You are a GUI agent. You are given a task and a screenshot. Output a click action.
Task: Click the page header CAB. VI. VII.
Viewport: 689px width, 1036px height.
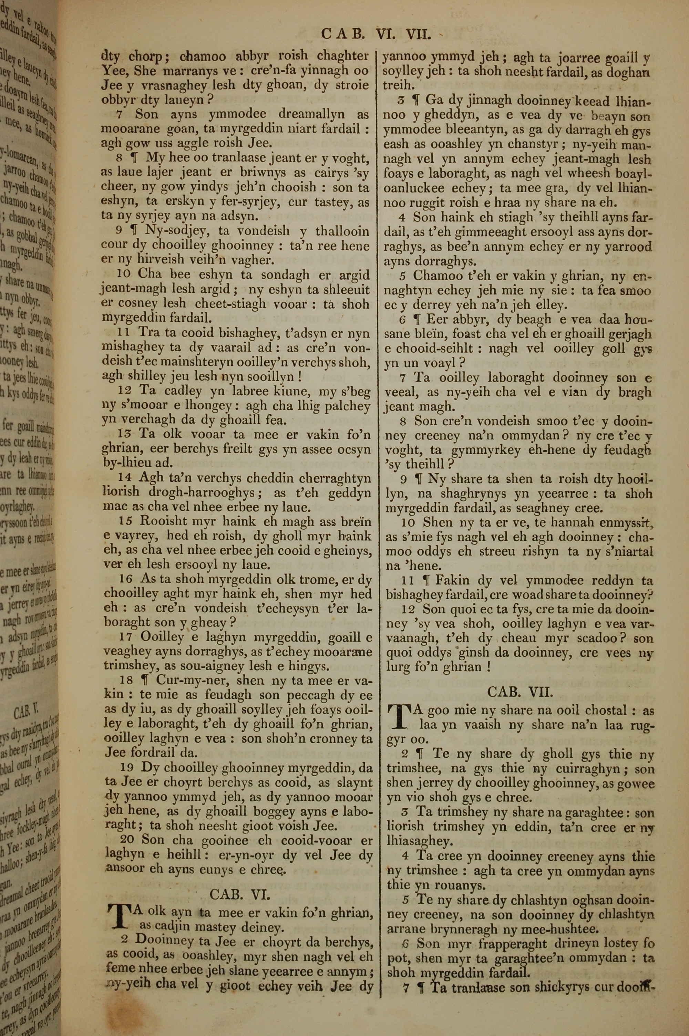point(376,33)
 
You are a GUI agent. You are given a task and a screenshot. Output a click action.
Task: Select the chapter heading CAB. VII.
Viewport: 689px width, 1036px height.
point(520,693)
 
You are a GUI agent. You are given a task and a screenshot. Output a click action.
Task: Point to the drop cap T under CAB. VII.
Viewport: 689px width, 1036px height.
point(397,715)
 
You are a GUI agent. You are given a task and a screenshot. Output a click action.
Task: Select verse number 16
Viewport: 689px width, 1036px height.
point(126,579)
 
